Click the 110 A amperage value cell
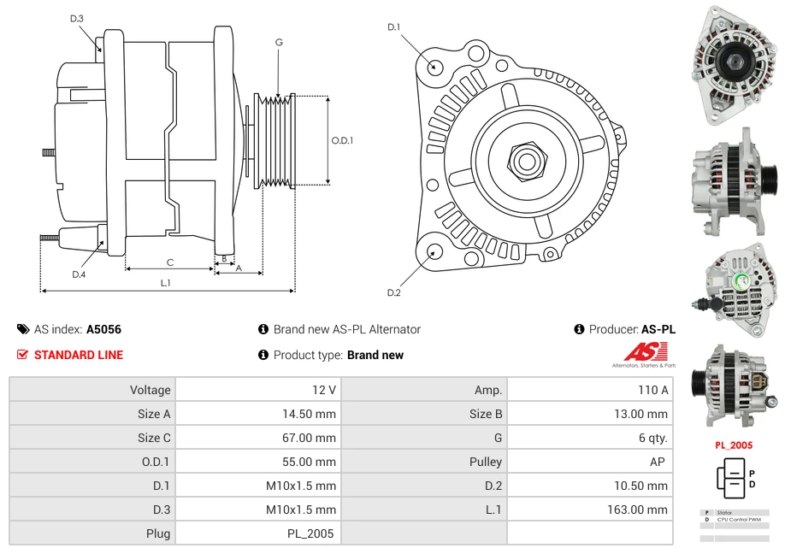point(652,390)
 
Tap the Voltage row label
point(150,390)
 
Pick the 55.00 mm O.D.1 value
point(312,462)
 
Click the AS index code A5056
point(103,329)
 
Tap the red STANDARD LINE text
point(79,355)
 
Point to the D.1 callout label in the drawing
point(394,27)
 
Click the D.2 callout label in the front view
point(394,292)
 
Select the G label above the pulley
point(279,42)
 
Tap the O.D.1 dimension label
point(342,140)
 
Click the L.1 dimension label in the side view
point(166,282)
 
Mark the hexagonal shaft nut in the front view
point(526,160)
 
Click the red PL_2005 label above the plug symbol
point(733,445)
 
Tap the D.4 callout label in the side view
point(79,274)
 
